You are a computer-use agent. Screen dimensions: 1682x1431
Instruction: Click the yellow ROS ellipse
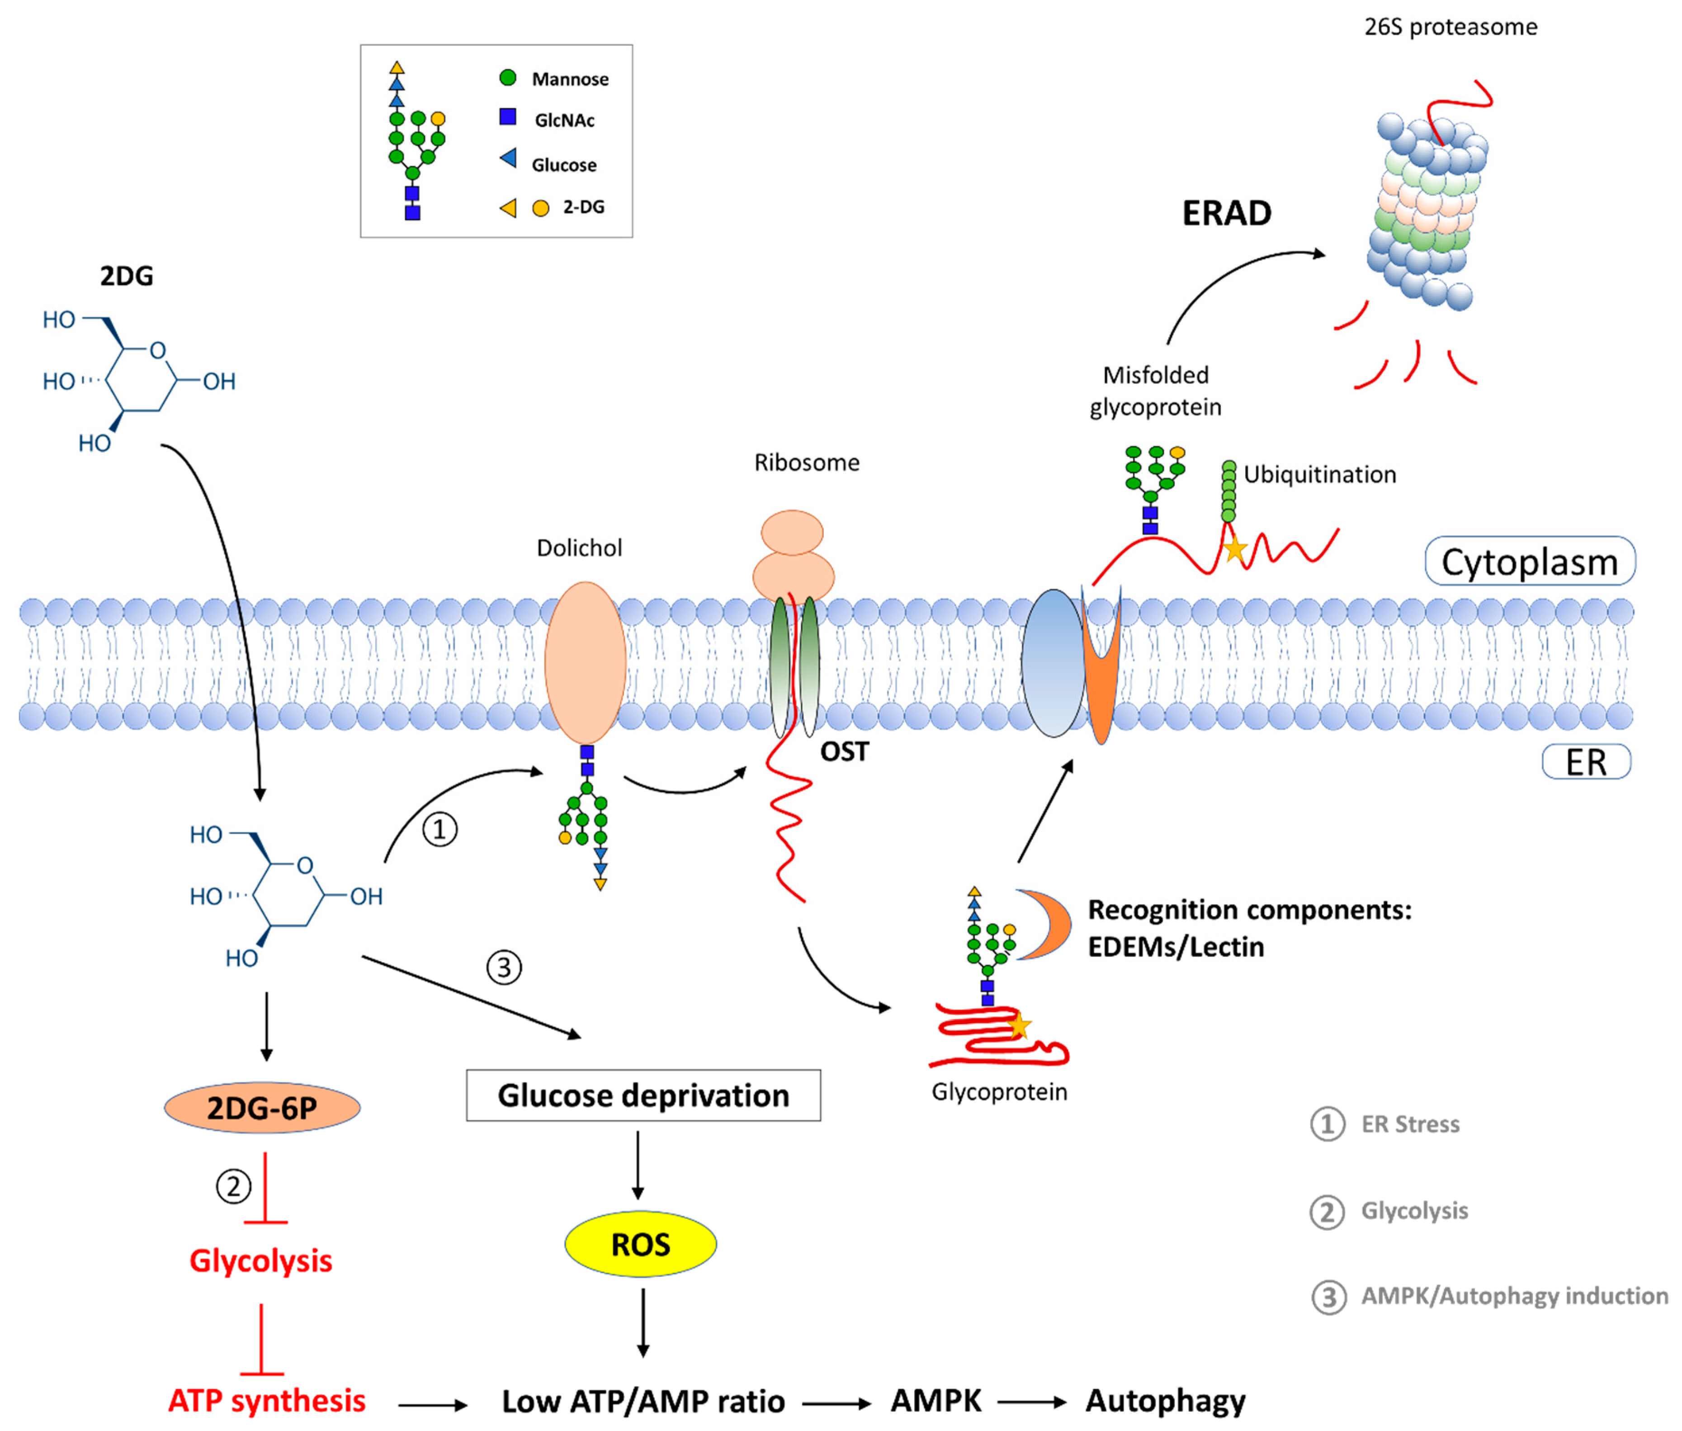point(640,1244)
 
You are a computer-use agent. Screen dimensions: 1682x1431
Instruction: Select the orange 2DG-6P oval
point(262,1107)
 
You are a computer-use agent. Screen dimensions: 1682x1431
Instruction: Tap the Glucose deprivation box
point(643,1095)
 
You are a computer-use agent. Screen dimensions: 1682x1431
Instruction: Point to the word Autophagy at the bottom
point(1165,1402)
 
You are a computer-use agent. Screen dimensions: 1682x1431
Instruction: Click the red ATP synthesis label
point(267,1401)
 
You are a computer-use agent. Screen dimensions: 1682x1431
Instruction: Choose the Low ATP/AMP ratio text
point(643,1402)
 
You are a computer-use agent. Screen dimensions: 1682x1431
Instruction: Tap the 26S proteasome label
point(1451,27)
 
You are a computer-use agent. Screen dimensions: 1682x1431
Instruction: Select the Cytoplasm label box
point(1530,561)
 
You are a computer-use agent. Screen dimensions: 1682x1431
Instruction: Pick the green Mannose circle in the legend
point(508,78)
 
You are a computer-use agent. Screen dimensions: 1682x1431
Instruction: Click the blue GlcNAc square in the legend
point(508,117)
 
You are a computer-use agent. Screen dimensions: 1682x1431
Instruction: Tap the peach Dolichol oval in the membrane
point(585,663)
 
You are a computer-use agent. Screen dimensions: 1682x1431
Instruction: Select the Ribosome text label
point(807,463)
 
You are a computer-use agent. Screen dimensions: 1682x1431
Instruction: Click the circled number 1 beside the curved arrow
point(440,830)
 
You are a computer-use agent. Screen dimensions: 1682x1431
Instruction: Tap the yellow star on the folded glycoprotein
point(1019,1026)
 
